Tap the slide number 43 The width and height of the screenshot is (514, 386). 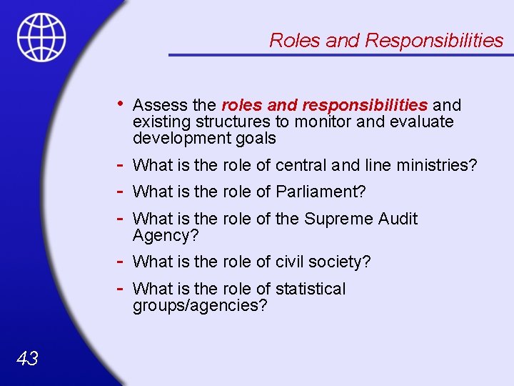click(x=27, y=359)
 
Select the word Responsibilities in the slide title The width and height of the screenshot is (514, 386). click(x=434, y=41)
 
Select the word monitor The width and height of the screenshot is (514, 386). click(x=325, y=122)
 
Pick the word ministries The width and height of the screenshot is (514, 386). click(x=441, y=166)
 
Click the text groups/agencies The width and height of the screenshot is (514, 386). click(x=200, y=306)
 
